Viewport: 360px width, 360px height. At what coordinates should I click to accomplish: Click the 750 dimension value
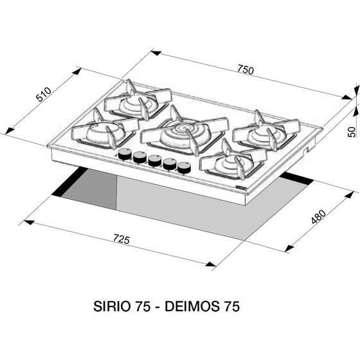[246, 70]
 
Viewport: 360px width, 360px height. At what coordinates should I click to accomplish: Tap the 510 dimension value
[44, 94]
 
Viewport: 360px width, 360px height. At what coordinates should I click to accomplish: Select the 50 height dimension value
[351, 132]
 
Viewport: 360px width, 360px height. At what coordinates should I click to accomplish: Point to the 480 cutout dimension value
[318, 217]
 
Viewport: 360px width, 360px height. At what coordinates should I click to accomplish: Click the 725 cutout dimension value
[122, 239]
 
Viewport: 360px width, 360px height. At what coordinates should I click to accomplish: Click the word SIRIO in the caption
[113, 306]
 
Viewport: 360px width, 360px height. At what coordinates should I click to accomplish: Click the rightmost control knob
[184, 168]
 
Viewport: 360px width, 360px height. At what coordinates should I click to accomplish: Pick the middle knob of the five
[155, 161]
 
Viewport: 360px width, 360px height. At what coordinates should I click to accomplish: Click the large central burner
[184, 134]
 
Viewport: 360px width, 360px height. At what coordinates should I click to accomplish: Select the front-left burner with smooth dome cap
[104, 131]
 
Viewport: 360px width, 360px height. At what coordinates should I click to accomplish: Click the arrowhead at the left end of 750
[156, 53]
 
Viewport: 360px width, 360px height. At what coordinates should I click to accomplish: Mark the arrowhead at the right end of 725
[211, 264]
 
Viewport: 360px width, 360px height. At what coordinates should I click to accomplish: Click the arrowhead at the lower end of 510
[9, 131]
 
